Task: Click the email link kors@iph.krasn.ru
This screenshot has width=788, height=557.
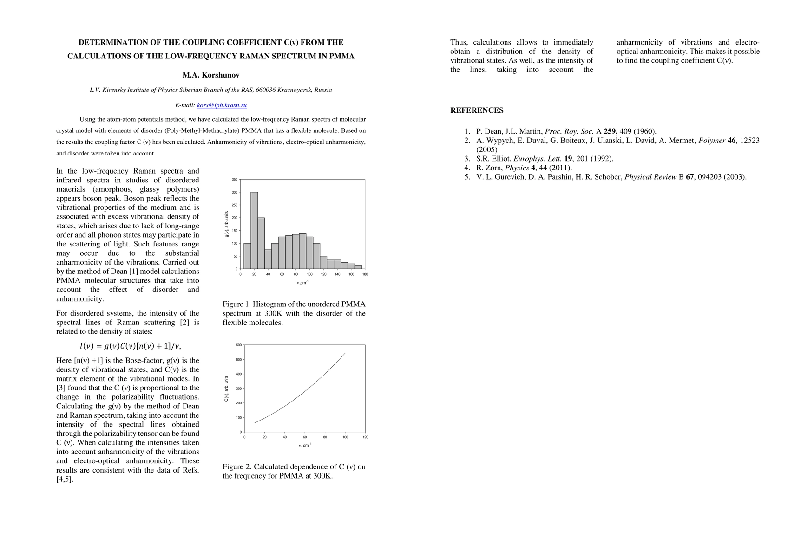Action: tap(222, 105)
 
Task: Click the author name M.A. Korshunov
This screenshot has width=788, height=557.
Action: tap(211, 75)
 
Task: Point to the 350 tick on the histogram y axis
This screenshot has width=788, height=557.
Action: tap(235, 180)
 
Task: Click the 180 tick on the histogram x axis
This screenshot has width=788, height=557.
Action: tap(365, 274)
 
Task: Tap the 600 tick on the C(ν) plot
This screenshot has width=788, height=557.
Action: tap(239, 345)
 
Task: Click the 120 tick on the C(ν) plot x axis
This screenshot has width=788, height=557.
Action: tap(365, 437)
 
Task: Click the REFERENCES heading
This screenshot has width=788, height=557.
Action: tap(477, 110)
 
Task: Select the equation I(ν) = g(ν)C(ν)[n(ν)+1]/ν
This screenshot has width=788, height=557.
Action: tap(130, 346)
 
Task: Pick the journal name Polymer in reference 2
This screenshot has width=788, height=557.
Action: tap(712, 141)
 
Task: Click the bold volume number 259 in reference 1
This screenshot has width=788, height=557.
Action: tap(610, 131)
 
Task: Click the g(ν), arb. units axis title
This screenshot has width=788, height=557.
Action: tap(227, 224)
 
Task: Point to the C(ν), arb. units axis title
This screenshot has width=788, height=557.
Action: tap(227, 389)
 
